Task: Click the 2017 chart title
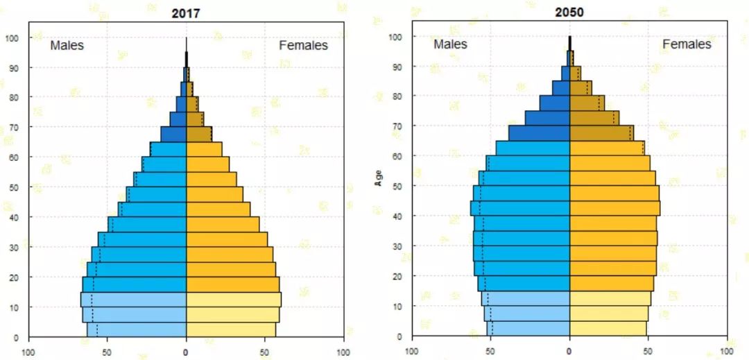[186, 12]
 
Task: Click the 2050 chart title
[569, 12]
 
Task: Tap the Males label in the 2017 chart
[67, 45]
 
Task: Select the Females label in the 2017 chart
[303, 45]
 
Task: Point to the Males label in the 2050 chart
[450, 44]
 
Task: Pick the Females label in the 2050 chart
[687, 44]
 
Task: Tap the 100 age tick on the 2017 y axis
[15, 37]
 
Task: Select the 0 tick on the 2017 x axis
[186, 352]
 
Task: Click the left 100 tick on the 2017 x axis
[29, 352]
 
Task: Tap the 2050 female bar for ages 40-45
[614, 208]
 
